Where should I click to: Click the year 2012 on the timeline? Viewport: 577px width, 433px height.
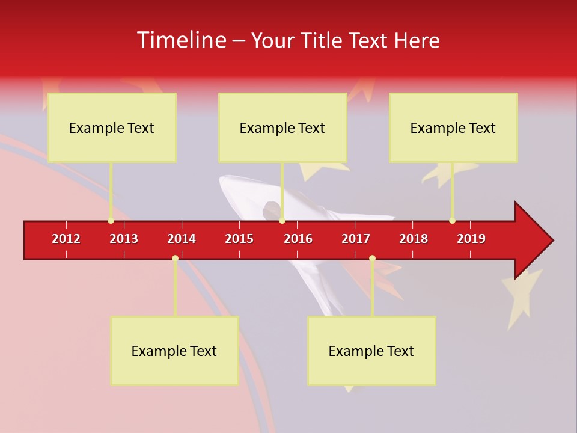point(66,239)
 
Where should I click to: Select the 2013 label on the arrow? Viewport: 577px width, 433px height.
point(124,239)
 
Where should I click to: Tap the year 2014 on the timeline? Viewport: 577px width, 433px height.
point(182,239)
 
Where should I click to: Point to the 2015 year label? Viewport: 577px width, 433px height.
point(239,239)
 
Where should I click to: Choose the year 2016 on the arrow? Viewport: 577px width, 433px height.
point(298,239)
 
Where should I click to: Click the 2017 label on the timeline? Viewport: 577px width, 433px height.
point(356,239)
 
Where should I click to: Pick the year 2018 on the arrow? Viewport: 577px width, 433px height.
point(414,239)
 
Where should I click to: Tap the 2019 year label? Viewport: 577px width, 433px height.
point(471,239)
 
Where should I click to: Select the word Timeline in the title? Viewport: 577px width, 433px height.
point(180,40)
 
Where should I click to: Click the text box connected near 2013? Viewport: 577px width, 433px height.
point(112,127)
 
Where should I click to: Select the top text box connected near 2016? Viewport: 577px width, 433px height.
point(282,127)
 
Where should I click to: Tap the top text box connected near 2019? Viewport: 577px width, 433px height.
point(453,127)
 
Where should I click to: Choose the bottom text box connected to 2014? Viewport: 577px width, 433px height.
point(174,351)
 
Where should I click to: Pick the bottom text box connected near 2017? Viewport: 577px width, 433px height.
point(371,351)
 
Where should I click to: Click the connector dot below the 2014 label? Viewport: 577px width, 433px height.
point(175,258)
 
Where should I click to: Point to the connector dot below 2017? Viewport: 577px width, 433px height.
point(372,258)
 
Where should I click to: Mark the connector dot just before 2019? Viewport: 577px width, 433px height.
point(452,221)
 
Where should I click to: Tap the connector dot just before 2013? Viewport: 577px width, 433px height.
point(111,221)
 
